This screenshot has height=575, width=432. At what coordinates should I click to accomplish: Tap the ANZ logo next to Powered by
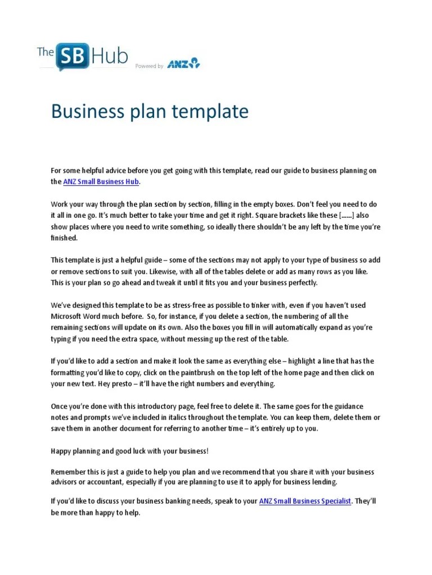pyautogui.click(x=183, y=63)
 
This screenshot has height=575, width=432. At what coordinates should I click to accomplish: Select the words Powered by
pyautogui.click(x=149, y=66)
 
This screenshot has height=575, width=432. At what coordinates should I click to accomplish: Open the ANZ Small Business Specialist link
pyautogui.click(x=305, y=501)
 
